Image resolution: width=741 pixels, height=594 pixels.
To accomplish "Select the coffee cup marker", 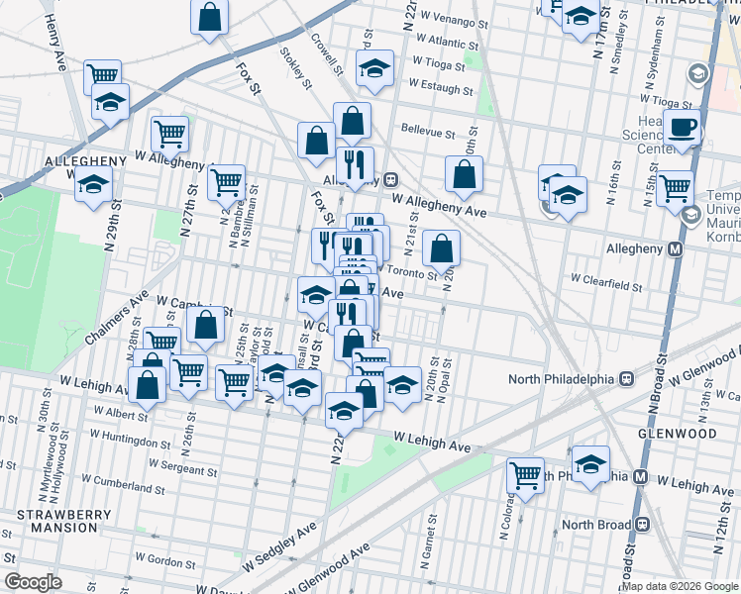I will point(682,129).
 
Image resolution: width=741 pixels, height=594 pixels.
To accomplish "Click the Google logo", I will point(33,582).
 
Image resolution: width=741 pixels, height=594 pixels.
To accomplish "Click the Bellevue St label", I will point(427,131).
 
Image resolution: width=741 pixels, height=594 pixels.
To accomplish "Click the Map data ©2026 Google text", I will point(679,586).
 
